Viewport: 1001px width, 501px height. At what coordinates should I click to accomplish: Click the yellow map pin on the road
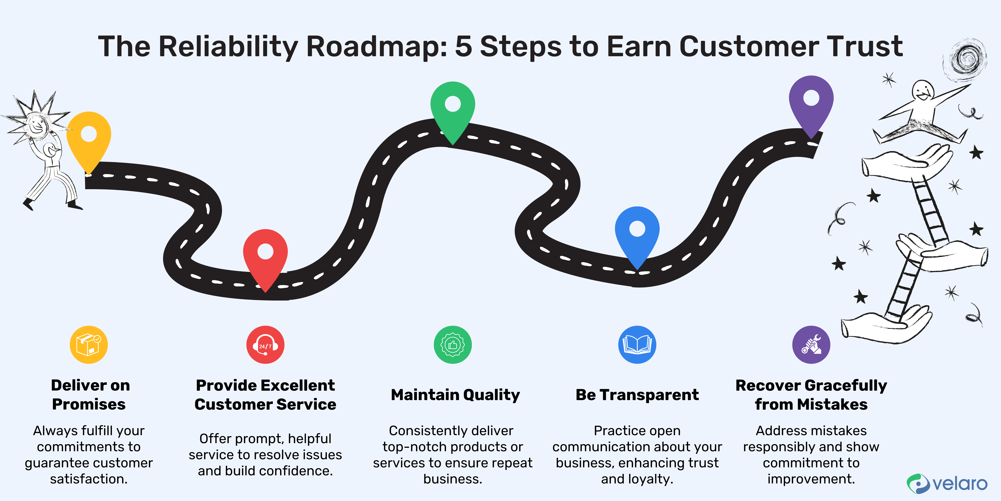tap(89, 138)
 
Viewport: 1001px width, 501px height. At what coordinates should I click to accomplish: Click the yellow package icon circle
tap(89, 345)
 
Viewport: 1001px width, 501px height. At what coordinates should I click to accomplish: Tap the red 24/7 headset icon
tap(265, 345)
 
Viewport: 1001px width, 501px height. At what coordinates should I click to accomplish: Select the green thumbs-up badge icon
tap(453, 345)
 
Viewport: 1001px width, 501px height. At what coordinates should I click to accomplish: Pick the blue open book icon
tap(637, 345)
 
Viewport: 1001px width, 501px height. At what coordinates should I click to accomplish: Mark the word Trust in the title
tap(865, 47)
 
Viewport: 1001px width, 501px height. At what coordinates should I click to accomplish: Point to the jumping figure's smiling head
tap(923, 91)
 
